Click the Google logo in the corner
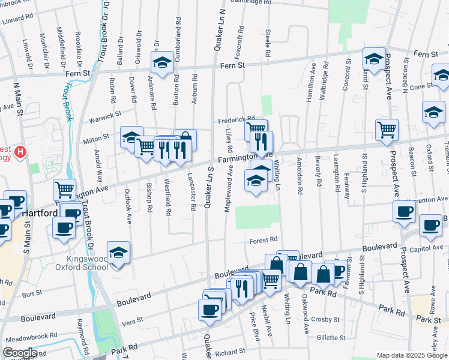click(20, 353)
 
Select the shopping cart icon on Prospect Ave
click(387, 128)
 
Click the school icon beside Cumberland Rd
click(161, 62)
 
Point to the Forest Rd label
click(263, 241)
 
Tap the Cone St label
click(421, 86)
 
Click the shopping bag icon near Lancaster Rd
click(185, 139)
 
